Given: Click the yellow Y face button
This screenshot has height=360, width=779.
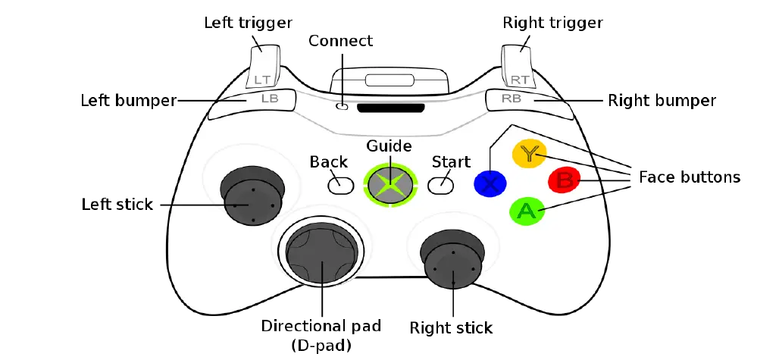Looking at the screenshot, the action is [x=529, y=154].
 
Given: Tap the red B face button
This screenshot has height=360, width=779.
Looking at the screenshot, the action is [x=564, y=180].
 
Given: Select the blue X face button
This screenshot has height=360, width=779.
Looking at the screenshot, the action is [x=490, y=183].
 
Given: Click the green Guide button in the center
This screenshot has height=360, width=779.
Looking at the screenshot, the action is [x=390, y=183].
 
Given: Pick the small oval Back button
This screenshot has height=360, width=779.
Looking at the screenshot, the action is [x=341, y=185].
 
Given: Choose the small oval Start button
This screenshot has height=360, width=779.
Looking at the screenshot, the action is [x=441, y=185].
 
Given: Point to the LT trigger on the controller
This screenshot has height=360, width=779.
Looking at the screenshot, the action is [x=263, y=66].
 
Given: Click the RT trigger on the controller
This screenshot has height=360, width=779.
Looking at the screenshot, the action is [x=519, y=66].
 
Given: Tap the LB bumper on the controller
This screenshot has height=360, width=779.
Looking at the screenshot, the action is [x=252, y=104].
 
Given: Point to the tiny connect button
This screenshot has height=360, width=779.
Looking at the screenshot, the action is [x=342, y=106].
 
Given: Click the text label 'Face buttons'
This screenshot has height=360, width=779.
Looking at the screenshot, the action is [x=690, y=177].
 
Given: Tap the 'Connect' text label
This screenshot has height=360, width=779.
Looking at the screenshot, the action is [x=341, y=41].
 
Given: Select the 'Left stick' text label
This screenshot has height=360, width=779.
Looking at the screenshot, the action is [x=117, y=204].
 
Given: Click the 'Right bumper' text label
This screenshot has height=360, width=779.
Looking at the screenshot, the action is [x=662, y=101].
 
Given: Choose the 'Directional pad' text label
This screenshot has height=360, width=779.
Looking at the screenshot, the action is [x=321, y=326].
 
